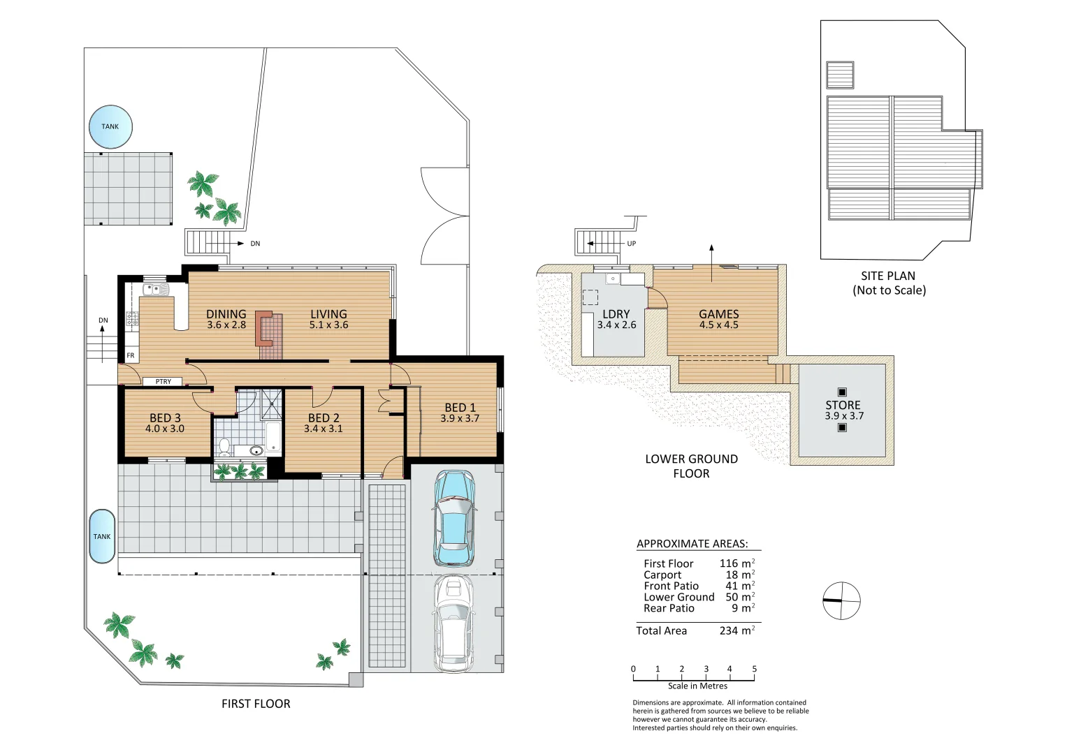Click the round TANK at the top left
[x=110, y=126]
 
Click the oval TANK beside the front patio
[x=102, y=536]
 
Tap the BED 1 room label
[x=460, y=408]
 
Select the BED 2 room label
[x=324, y=418]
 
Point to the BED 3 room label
[x=165, y=418]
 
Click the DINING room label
[x=226, y=314]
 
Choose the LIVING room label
[x=328, y=314]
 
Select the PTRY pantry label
[x=164, y=382]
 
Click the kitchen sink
[x=153, y=288]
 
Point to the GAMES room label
[x=718, y=314]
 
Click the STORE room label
[x=843, y=405]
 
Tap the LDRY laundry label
[x=616, y=314]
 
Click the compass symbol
[x=841, y=600]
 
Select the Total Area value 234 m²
[x=737, y=630]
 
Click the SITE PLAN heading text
[x=887, y=276]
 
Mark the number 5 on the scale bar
[x=754, y=669]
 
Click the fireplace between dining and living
[x=264, y=328]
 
